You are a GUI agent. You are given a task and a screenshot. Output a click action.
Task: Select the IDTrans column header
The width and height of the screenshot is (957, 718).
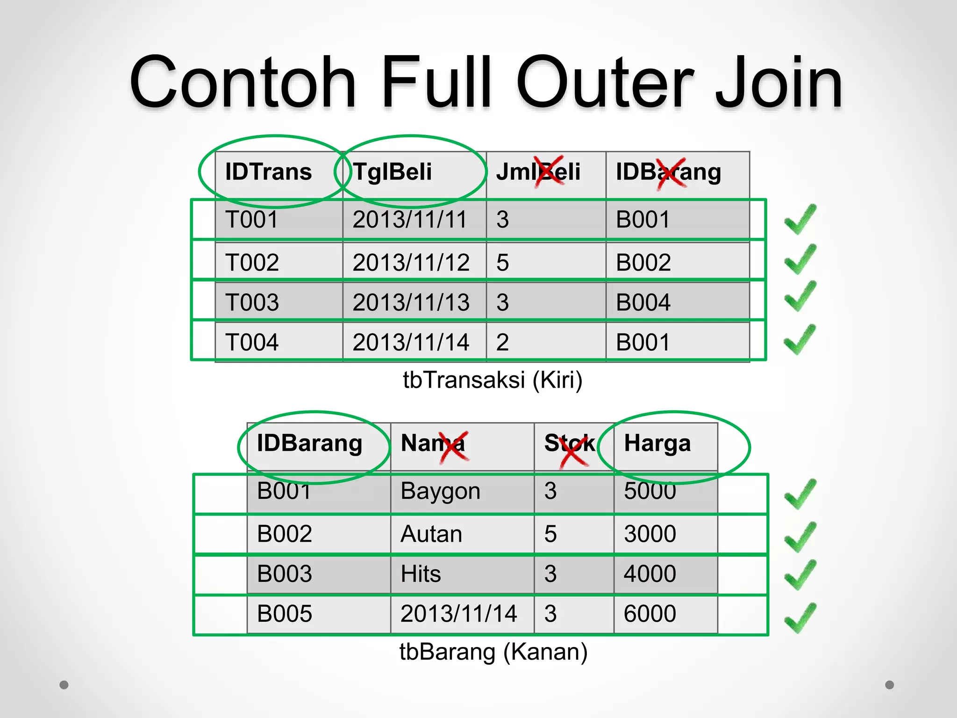pyautogui.click(x=268, y=172)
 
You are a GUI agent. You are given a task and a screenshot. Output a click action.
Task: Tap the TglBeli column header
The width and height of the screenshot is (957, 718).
pyautogui.click(x=392, y=172)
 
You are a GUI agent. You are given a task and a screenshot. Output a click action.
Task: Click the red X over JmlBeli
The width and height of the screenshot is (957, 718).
pyautogui.click(x=550, y=171)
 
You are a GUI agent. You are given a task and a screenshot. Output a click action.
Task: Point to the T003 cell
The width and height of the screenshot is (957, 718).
pyautogui.click(x=252, y=302)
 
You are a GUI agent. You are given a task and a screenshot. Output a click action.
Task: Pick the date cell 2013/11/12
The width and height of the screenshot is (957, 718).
pyautogui.click(x=411, y=262)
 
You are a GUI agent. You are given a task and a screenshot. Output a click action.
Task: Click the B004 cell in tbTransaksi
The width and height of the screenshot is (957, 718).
pyautogui.click(x=643, y=302)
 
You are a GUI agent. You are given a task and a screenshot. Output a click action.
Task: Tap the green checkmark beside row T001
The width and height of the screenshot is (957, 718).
pyautogui.click(x=800, y=219)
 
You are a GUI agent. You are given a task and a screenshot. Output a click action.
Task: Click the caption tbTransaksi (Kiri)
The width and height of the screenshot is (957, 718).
pyautogui.click(x=493, y=380)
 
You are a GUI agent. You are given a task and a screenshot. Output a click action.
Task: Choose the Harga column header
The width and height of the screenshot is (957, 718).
pyautogui.click(x=657, y=443)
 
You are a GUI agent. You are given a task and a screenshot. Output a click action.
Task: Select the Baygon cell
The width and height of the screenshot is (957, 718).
pyautogui.click(x=440, y=491)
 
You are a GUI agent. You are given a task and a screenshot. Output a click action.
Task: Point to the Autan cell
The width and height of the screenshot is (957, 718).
pyautogui.click(x=431, y=534)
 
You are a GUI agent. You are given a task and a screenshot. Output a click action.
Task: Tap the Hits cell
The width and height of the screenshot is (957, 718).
pyautogui.click(x=421, y=574)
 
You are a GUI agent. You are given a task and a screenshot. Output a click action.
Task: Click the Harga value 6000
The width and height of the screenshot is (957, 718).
pyautogui.click(x=650, y=614)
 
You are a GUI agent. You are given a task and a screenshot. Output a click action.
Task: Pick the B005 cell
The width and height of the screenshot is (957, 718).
pyautogui.click(x=284, y=614)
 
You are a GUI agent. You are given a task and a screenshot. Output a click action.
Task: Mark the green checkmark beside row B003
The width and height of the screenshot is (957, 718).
pyautogui.click(x=800, y=574)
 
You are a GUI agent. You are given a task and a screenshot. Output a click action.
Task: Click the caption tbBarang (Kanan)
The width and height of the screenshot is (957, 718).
pyautogui.click(x=493, y=652)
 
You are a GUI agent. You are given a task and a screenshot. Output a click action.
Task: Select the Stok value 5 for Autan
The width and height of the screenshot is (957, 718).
pyautogui.click(x=550, y=534)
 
